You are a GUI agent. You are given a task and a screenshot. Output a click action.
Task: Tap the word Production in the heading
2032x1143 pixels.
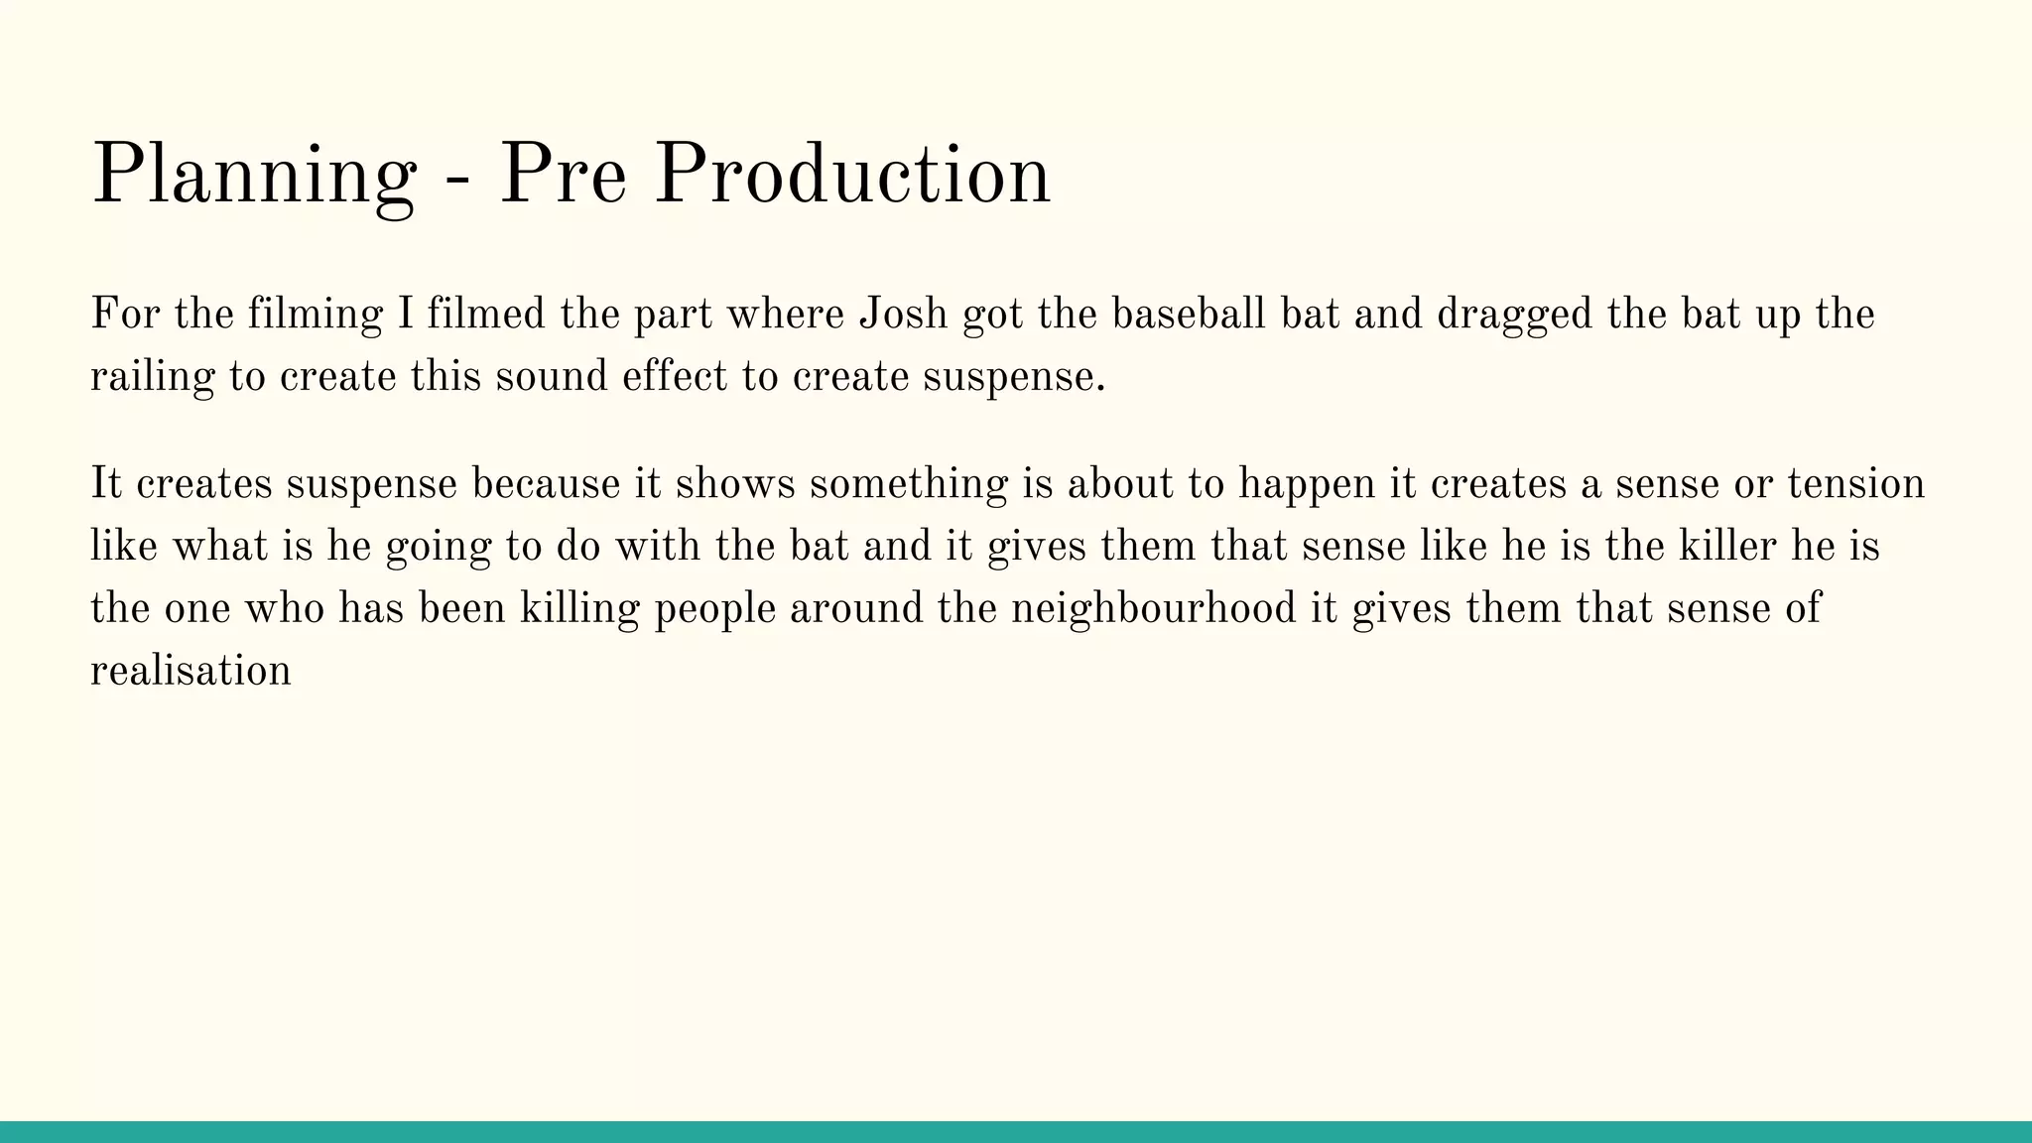pyautogui.click(x=852, y=175)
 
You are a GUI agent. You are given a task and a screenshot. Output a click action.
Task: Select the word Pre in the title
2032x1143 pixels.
pyautogui.click(x=563, y=175)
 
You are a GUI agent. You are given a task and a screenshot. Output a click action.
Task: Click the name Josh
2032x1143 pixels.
pyautogui.click(x=903, y=315)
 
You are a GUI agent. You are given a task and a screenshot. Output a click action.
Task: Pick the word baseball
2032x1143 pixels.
pyautogui.click(x=1188, y=315)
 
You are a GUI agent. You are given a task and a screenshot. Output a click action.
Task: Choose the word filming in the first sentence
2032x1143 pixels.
pyautogui.click(x=315, y=317)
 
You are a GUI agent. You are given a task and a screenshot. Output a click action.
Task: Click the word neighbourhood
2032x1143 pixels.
pyautogui.click(x=1153, y=608)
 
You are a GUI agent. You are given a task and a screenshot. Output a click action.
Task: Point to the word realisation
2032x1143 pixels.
pyautogui.click(x=190, y=671)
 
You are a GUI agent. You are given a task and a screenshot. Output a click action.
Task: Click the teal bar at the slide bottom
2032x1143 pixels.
pyautogui.click(x=1016, y=1132)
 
